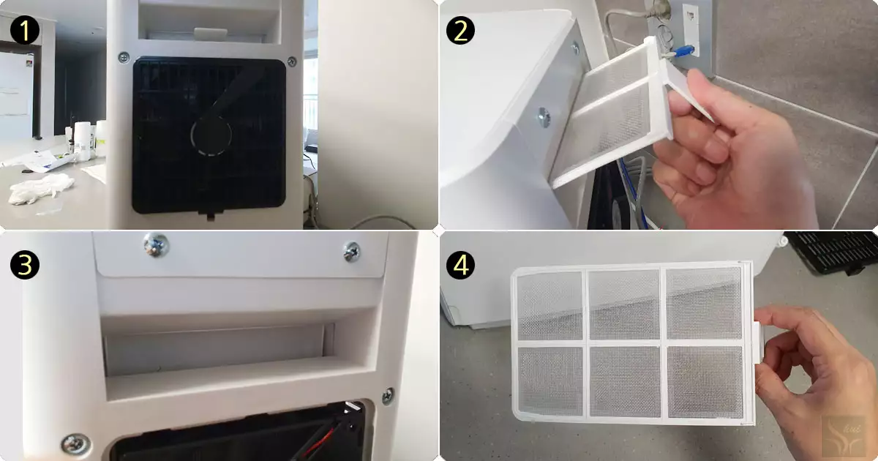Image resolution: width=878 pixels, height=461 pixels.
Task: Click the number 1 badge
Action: (24, 31)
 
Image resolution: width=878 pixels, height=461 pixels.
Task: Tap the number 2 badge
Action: (460, 31)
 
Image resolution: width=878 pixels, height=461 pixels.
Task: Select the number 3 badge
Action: (24, 265)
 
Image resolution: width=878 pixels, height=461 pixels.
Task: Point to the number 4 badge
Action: (460, 265)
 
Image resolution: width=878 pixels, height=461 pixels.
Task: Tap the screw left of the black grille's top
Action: (124, 58)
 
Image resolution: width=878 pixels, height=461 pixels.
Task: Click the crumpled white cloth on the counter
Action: (41, 189)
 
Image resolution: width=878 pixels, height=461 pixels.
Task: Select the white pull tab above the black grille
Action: (211, 34)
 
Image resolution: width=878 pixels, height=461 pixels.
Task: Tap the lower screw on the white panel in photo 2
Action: (544, 117)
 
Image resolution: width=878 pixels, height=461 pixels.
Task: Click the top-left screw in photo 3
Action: (156, 244)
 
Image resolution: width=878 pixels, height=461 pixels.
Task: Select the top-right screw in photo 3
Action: (352, 251)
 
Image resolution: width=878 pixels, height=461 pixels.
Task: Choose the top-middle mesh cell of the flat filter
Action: (624, 304)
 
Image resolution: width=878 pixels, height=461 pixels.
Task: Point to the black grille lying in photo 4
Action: (833, 252)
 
